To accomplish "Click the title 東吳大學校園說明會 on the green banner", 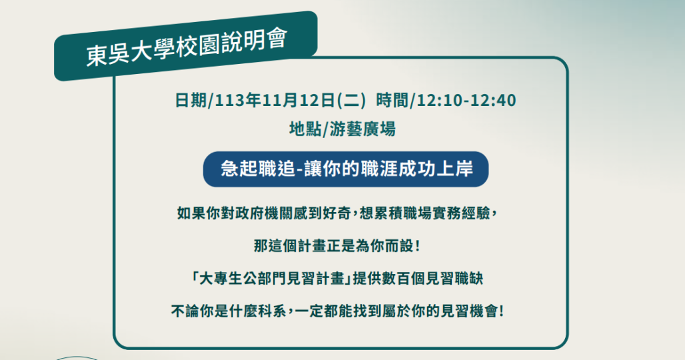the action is tap(187, 47).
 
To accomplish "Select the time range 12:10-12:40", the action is tap(466, 101).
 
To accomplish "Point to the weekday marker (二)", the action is tap(350, 101).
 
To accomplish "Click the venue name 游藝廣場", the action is tap(362, 129).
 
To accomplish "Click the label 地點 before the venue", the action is tap(305, 129).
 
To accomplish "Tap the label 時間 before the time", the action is tap(392, 101).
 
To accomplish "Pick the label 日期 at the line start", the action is tap(191, 101).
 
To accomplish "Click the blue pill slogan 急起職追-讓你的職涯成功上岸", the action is tap(346, 169).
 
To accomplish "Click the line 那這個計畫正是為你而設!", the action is tap(337, 246).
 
